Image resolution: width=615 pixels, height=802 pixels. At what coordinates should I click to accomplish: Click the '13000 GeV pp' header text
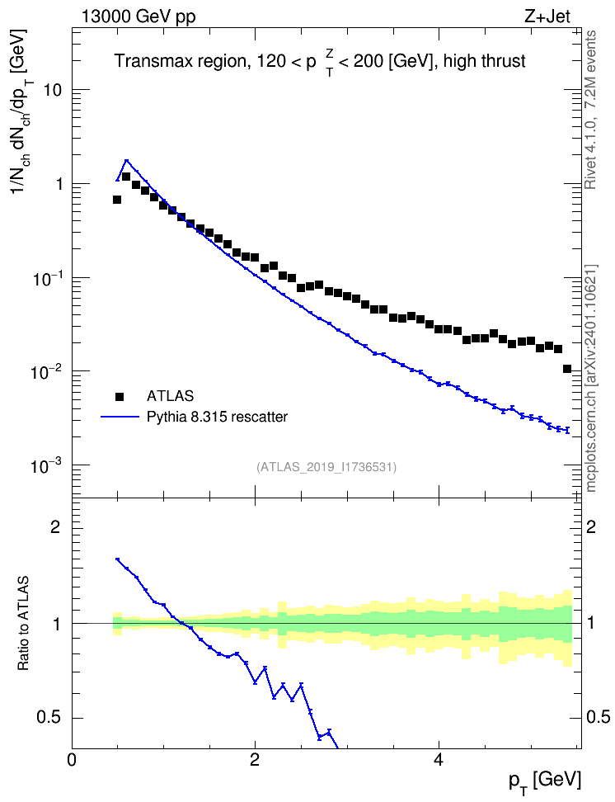tap(138, 17)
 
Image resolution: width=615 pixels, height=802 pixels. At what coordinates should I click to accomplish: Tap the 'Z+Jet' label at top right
tap(547, 17)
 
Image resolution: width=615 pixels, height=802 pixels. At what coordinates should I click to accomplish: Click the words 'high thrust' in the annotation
tap(485, 61)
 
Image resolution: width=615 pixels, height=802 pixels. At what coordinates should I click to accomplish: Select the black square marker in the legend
tap(120, 396)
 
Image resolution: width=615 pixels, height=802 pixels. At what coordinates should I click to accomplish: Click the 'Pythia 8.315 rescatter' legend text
tap(218, 417)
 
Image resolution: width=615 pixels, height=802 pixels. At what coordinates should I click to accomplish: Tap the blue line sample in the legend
tap(120, 417)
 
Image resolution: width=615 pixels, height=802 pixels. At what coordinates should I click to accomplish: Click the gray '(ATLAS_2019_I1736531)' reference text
tap(326, 467)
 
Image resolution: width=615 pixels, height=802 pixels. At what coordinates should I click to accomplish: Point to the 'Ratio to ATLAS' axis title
tap(23, 623)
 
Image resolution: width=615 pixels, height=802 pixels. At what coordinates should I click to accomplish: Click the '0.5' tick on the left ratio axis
tap(49, 718)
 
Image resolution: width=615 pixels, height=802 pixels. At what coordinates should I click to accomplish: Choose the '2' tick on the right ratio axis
tap(591, 526)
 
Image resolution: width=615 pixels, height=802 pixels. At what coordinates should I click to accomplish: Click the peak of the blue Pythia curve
tap(126, 160)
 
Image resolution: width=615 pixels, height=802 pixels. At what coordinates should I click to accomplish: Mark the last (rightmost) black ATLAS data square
tap(567, 369)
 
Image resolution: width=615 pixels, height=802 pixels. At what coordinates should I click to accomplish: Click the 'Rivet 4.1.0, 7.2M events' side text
tap(590, 110)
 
